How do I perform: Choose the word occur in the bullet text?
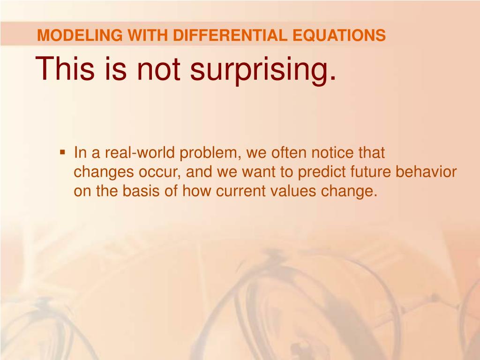point(158,172)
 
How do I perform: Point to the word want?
point(259,172)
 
